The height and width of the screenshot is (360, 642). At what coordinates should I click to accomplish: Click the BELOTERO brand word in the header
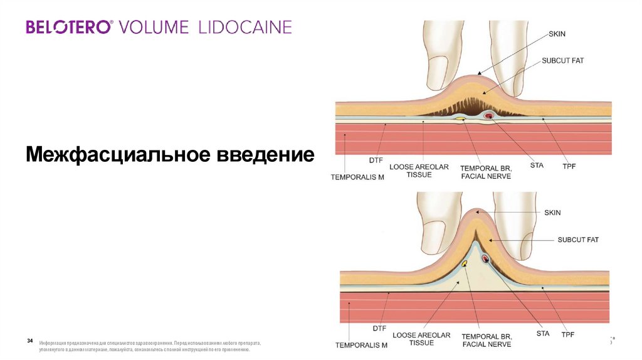tap(69, 27)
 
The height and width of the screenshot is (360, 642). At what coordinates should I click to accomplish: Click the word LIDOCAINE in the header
tap(245, 27)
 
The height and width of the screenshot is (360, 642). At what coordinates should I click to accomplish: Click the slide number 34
tap(29, 341)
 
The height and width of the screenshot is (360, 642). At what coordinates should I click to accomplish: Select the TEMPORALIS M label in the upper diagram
tap(357, 177)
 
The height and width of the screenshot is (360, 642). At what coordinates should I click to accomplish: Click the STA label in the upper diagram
tap(536, 165)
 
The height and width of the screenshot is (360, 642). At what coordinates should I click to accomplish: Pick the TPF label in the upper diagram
tap(569, 166)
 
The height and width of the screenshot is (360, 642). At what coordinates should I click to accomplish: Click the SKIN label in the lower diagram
tap(552, 213)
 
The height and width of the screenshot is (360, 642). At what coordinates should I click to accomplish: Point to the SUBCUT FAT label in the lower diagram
tap(578, 240)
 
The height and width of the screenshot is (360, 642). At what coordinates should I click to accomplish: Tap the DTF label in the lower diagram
tap(379, 327)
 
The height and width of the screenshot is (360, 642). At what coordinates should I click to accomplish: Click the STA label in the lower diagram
tap(543, 333)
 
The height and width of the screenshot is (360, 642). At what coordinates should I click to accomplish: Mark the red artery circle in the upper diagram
tap(488, 115)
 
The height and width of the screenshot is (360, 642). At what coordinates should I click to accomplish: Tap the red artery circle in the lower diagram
tap(485, 258)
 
